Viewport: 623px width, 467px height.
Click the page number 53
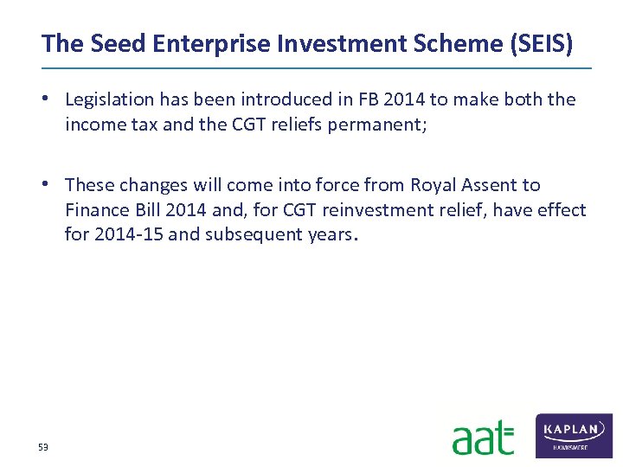[x=43, y=446]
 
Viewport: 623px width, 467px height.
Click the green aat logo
[x=482, y=438]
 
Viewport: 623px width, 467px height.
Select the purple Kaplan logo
[x=574, y=435]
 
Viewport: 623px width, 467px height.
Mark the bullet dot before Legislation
[x=53, y=99]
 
